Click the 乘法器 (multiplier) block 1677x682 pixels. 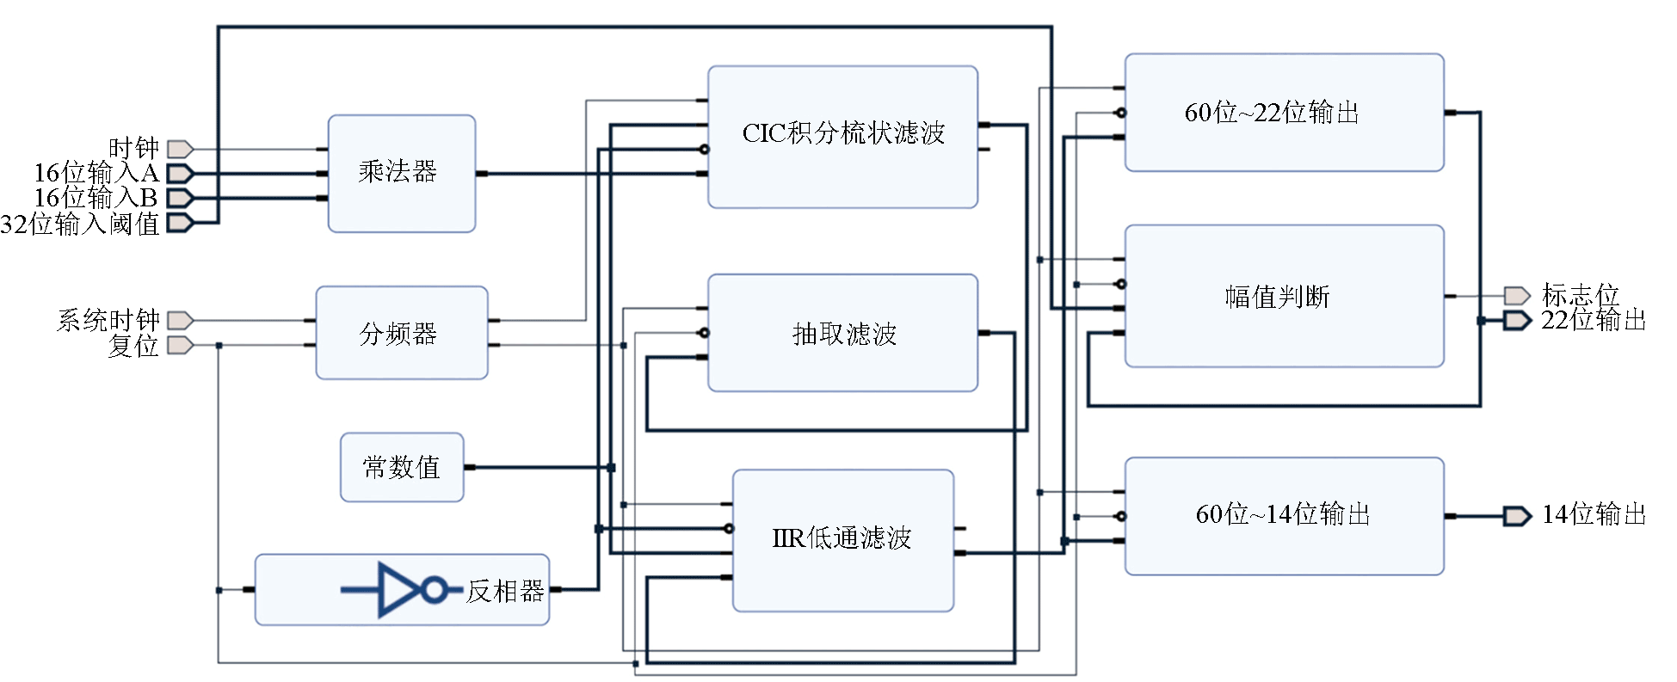(x=401, y=173)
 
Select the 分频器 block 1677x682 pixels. (x=401, y=333)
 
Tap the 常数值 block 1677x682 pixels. (x=402, y=467)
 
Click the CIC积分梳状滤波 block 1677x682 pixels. (x=842, y=137)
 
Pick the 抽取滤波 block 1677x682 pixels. (x=842, y=333)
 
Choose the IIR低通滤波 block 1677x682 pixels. (x=842, y=540)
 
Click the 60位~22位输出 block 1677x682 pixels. (x=1284, y=113)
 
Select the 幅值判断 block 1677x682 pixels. (x=1284, y=297)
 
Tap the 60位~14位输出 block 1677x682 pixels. (x=1284, y=515)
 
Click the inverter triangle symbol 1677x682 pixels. (x=398, y=590)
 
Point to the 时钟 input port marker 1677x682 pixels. (x=179, y=149)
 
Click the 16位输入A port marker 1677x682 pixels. (x=179, y=174)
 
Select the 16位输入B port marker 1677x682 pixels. (x=179, y=198)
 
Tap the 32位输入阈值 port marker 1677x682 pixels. (x=179, y=223)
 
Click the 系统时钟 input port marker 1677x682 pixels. (x=179, y=321)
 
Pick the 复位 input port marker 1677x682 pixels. (x=179, y=345)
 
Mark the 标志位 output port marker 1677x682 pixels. (x=1517, y=296)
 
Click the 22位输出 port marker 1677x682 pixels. (x=1517, y=321)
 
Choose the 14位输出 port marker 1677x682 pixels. (x=1517, y=516)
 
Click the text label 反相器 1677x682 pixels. (x=505, y=591)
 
